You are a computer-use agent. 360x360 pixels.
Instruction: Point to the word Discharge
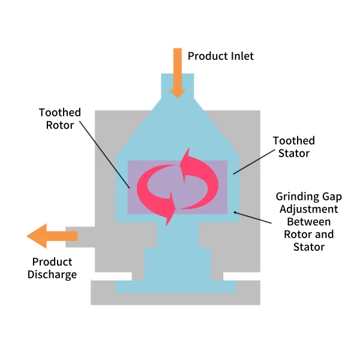(52, 275)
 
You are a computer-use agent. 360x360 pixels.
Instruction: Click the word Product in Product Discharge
(52, 262)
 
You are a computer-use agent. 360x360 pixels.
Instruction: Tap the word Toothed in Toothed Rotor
(60, 113)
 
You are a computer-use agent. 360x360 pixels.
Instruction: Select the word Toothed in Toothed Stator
(294, 141)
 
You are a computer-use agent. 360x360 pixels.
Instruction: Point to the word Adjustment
(308, 209)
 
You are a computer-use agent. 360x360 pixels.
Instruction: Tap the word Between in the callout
(308, 221)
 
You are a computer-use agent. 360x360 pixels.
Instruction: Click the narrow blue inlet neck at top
(177, 84)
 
